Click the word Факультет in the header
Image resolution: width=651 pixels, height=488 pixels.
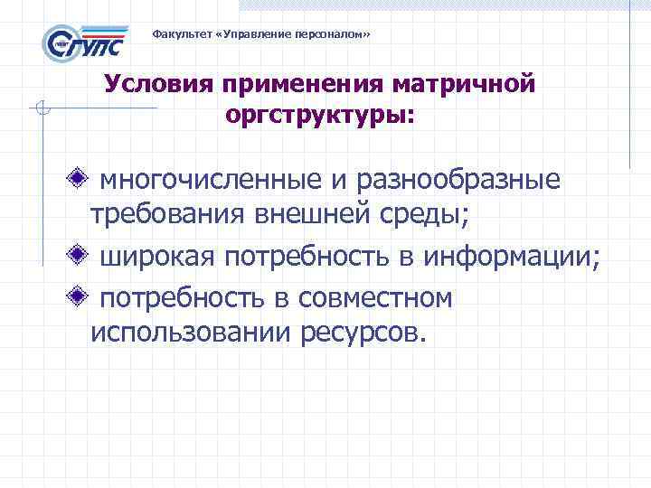click(x=179, y=34)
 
